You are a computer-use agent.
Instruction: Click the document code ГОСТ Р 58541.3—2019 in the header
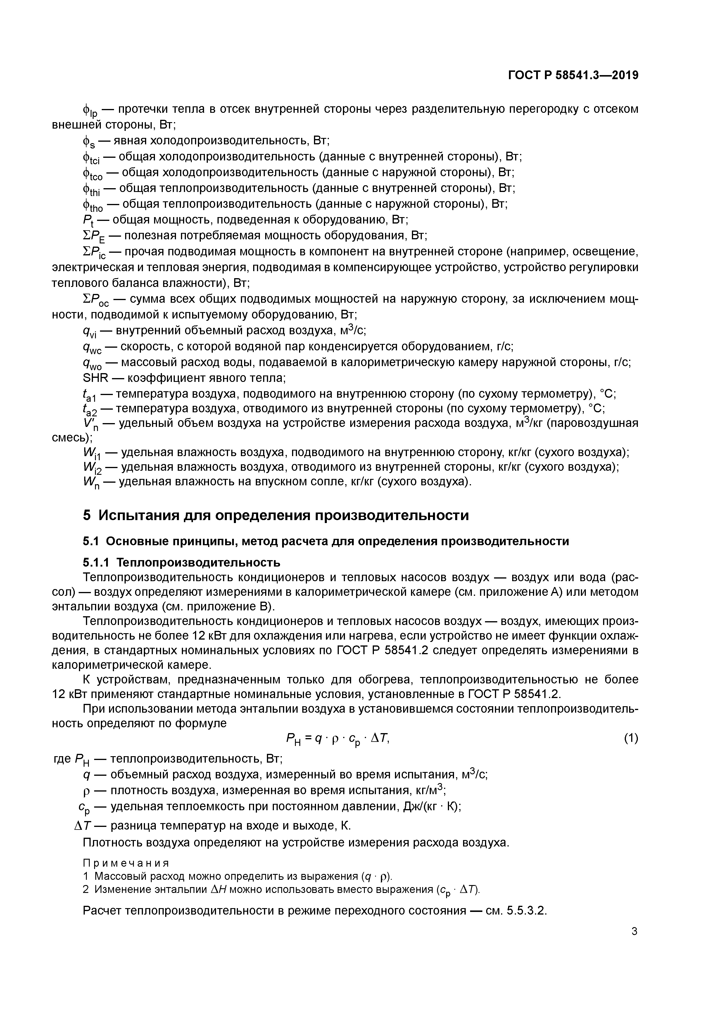[x=573, y=75]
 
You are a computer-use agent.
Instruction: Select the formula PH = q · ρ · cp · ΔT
[x=338, y=740]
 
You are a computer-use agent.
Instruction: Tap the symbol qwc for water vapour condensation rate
[x=92, y=347]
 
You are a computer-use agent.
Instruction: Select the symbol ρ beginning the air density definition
[x=86, y=792]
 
